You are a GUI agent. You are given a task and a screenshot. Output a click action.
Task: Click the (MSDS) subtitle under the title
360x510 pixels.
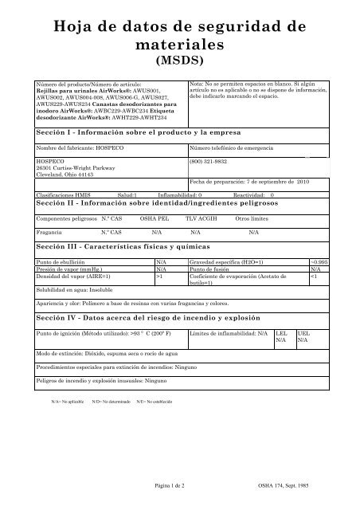(179, 59)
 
